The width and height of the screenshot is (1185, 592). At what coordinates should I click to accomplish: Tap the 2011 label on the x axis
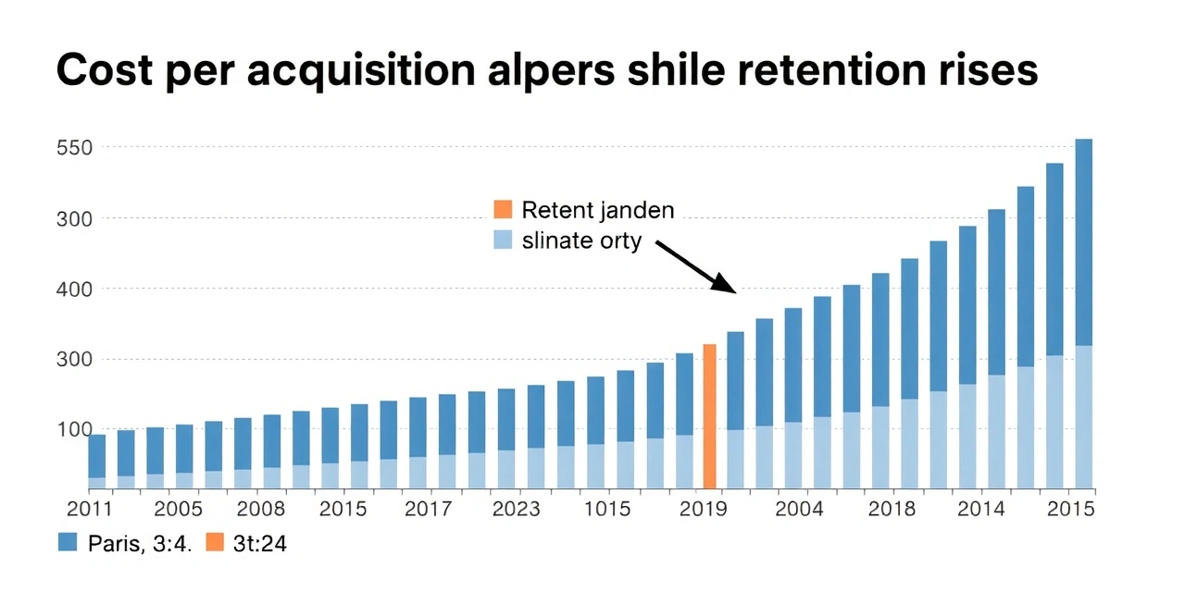pos(90,510)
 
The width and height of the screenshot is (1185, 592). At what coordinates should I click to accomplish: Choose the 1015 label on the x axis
pos(607,510)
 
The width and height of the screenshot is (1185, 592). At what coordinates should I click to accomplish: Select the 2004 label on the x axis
pos(800,510)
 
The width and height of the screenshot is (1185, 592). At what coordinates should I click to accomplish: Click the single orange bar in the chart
pos(710,416)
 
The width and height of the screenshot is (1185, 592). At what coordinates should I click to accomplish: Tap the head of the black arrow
pos(734,291)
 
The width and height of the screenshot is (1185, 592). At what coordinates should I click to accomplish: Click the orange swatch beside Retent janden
pos(503,210)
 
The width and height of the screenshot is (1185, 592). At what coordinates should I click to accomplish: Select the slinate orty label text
pos(581,241)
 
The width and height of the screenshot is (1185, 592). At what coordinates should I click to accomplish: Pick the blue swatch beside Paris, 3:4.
pos(68,544)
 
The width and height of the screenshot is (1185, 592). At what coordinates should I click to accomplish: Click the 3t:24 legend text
pos(260,544)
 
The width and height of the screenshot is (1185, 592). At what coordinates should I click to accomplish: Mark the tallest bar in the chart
pos(1083,314)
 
